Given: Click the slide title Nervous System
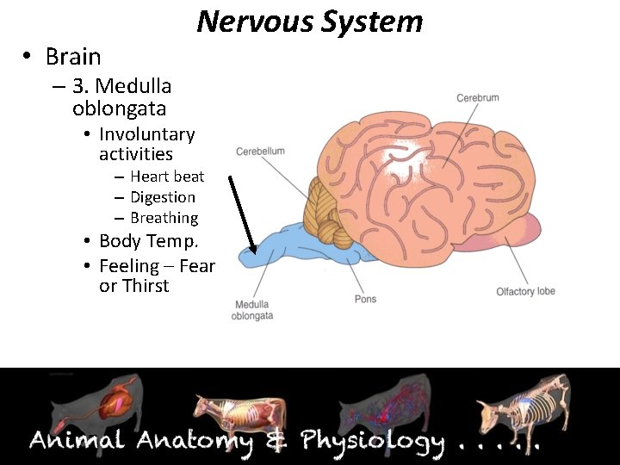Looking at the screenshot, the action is point(310,21).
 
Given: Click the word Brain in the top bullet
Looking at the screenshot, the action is point(73,57).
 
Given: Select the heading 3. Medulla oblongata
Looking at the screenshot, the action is point(121,97).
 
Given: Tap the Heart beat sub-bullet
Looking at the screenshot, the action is point(167,177).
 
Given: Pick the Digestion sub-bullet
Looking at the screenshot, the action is point(163,197).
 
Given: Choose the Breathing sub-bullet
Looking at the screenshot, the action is point(164,218).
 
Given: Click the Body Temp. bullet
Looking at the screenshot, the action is point(148,241).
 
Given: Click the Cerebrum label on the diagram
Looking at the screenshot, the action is point(477,98).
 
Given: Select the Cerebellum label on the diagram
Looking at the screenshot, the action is point(260,152).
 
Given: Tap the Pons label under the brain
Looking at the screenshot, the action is point(365,300).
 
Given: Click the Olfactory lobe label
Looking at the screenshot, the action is point(525,292).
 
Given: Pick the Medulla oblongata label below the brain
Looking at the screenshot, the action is point(252,310).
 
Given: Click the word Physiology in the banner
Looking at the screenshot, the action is point(372,442).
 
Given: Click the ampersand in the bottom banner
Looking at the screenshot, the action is point(276,441).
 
